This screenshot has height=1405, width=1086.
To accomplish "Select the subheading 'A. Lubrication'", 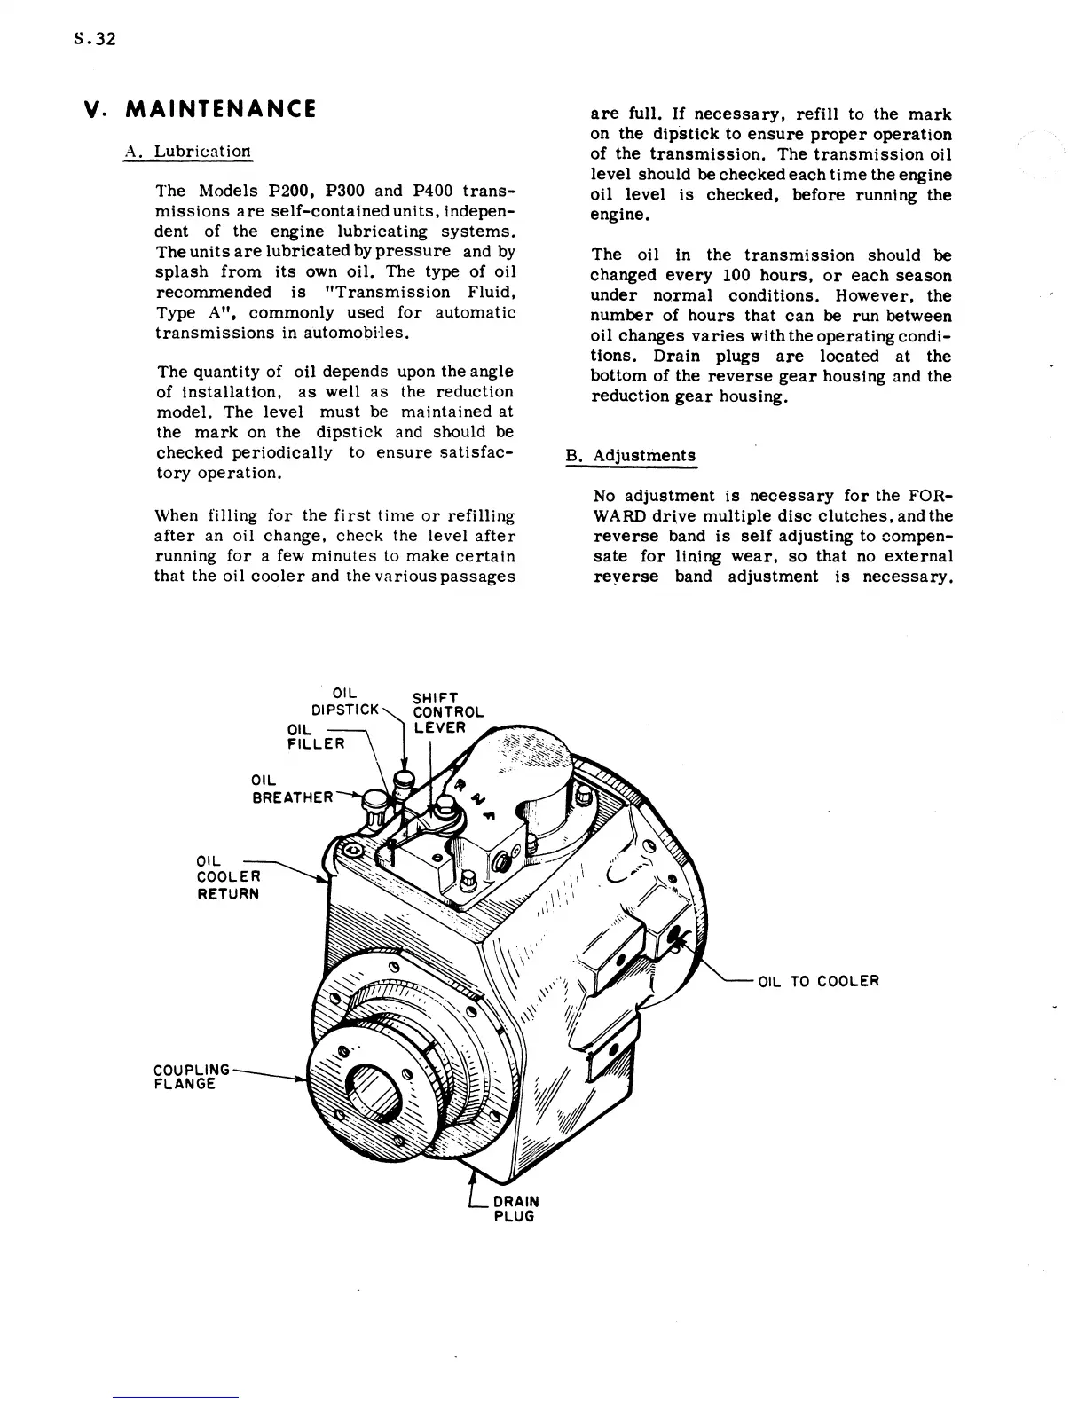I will pos(187,151).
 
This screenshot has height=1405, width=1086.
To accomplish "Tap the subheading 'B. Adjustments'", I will pos(631,456).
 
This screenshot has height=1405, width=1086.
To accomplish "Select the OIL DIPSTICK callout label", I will pos(345,701).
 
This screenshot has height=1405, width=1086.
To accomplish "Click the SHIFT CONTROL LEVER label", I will pos(447,711).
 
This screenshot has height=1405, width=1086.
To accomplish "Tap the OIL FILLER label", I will pos(315,736).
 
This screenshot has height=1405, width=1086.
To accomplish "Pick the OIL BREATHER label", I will pos(292,789).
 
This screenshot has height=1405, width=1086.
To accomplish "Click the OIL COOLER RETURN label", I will pos(227,876).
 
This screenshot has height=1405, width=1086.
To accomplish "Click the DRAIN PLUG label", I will pos(515,1208).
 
